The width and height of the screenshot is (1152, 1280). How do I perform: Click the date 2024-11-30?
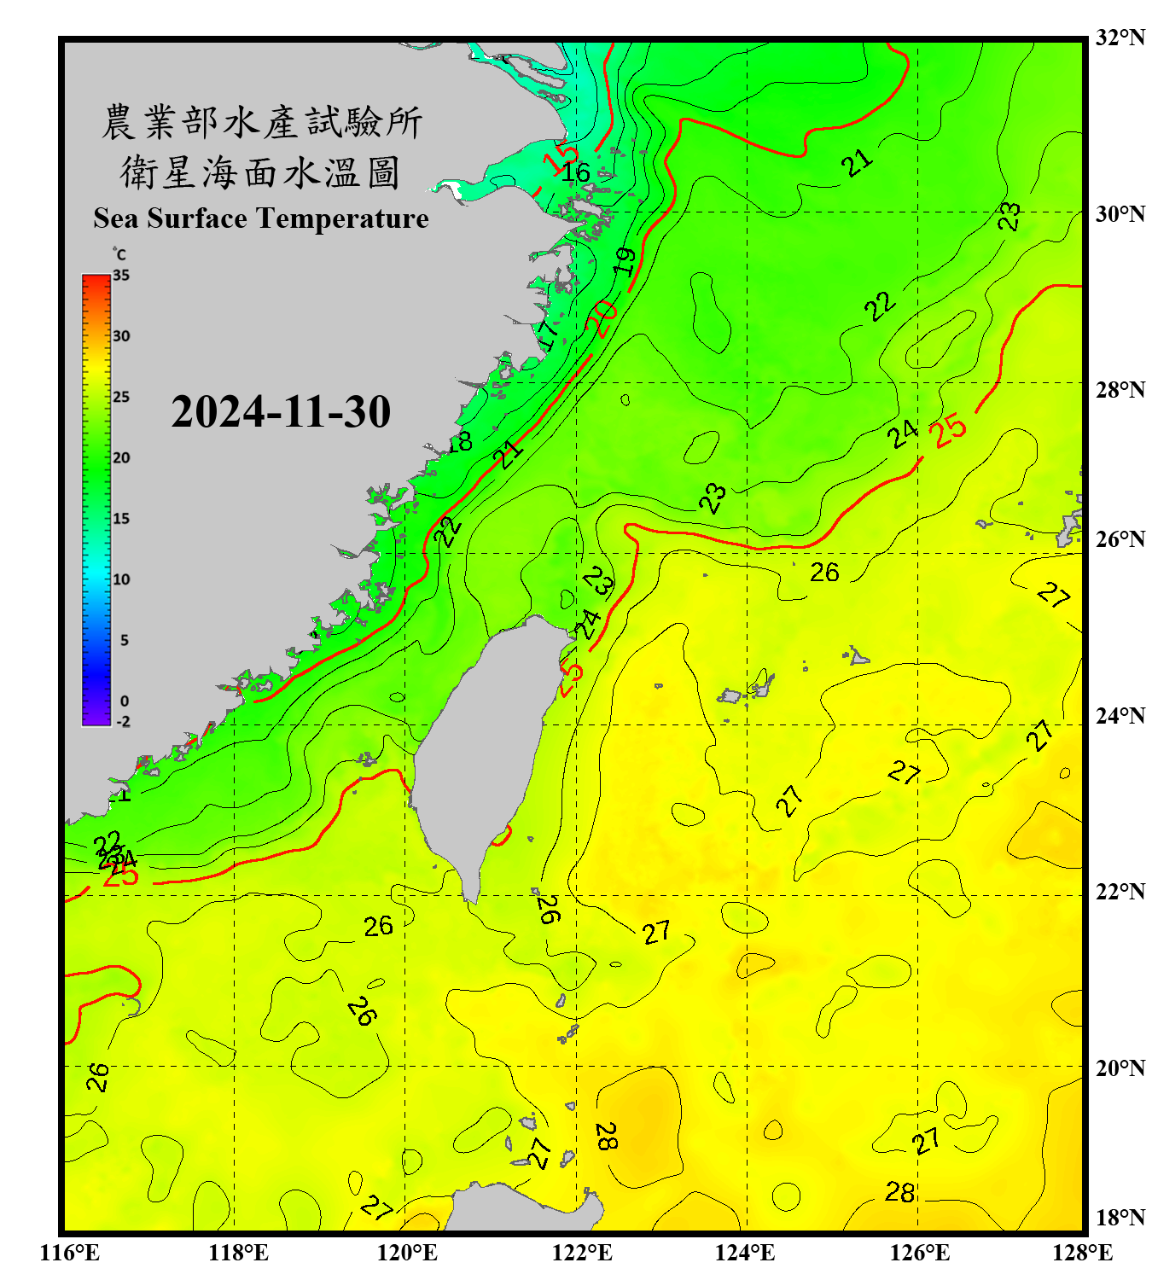coord(281,412)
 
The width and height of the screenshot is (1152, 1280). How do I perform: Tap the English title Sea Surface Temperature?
coord(261,218)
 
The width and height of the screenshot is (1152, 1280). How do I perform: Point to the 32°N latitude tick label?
coord(1120,38)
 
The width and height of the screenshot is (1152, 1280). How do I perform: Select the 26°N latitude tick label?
coord(1120,539)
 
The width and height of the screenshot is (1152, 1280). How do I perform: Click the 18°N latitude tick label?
coord(1120,1218)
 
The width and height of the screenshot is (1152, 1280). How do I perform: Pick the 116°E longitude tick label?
coord(70,1253)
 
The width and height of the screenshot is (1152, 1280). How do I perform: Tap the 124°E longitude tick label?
coord(745,1253)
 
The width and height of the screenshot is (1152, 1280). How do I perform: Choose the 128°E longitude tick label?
coord(1082,1253)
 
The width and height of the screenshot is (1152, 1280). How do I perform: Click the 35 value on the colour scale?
coord(121,276)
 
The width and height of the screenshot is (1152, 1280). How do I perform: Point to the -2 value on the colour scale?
coord(123,722)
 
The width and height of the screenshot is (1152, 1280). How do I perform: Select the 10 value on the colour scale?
coord(121,579)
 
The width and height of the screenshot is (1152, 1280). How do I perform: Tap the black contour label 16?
coord(576,172)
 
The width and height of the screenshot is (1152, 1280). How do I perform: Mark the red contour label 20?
coord(602,317)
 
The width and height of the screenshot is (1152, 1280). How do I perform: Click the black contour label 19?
coord(625,261)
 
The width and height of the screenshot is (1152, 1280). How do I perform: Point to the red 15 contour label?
coord(560,160)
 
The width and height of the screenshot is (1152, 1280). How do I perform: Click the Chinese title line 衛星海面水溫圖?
coord(260,172)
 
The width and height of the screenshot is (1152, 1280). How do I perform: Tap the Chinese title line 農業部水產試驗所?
coord(262,122)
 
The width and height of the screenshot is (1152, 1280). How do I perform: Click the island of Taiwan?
coord(482,751)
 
